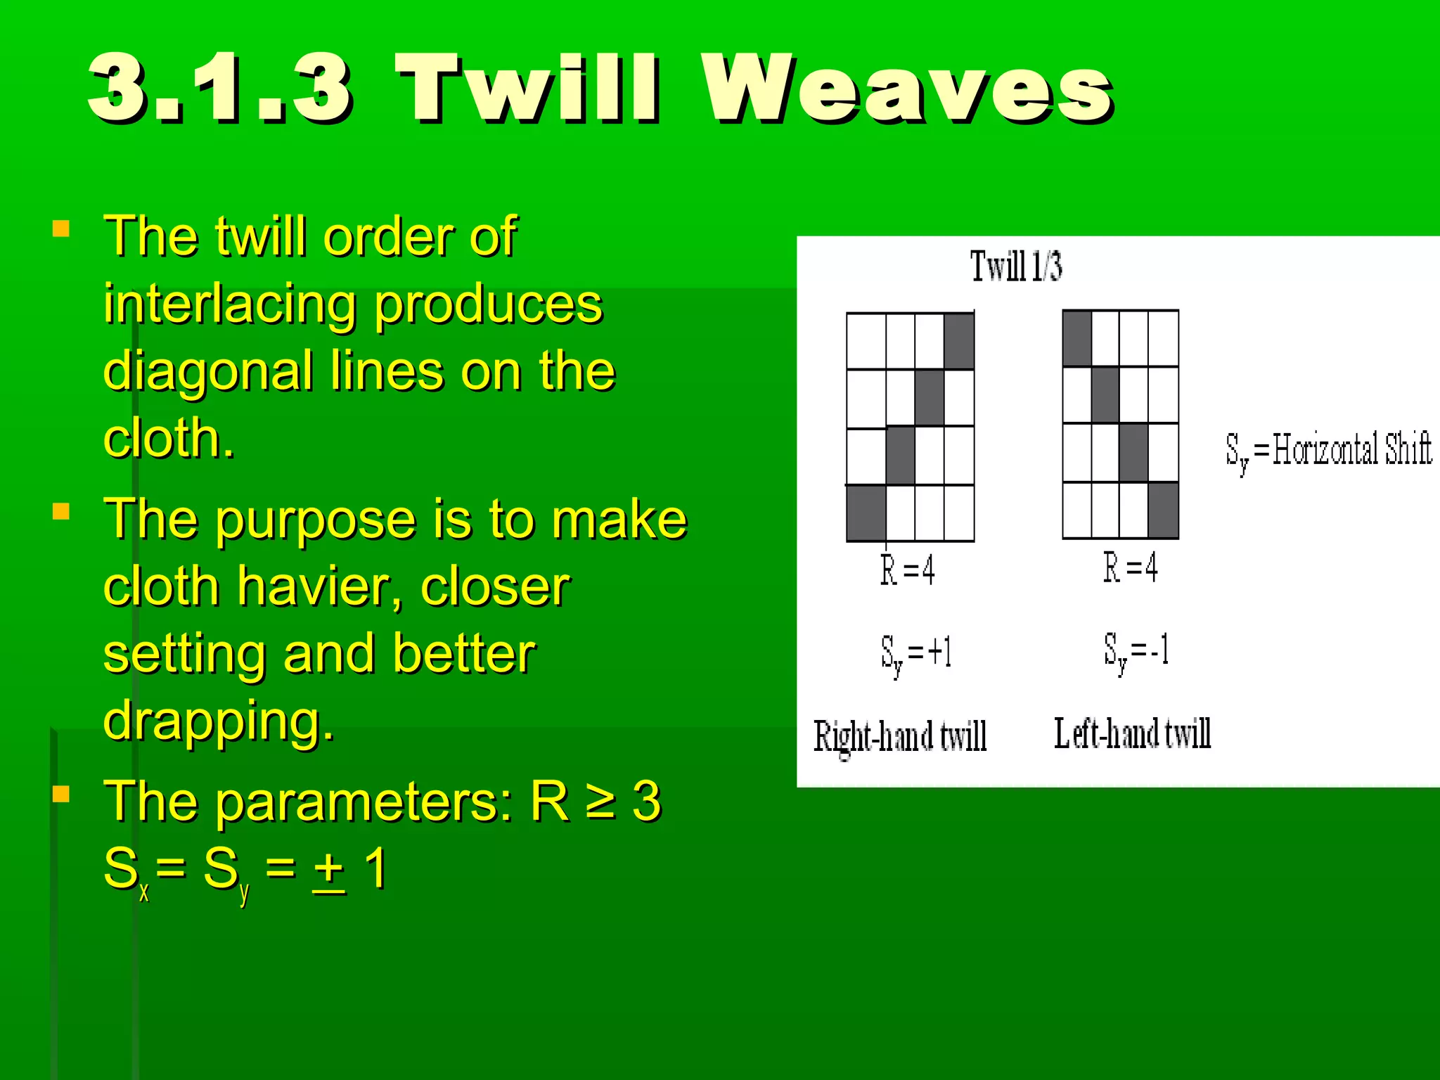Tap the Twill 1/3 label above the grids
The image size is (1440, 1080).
point(1016,266)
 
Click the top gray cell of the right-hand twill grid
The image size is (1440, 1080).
point(959,342)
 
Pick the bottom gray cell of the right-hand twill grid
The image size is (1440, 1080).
point(866,513)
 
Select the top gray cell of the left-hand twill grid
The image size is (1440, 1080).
point(1077,339)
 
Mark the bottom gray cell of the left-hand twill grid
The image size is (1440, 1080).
point(1163,510)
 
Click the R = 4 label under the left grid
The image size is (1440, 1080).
point(908,570)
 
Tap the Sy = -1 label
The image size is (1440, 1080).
point(1136,651)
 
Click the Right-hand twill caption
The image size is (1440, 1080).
point(900,736)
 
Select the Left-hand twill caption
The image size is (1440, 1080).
point(1132,733)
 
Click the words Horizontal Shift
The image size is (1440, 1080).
point(1351,449)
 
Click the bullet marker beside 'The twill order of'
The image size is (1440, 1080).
point(61,229)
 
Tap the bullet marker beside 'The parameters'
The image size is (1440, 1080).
point(61,794)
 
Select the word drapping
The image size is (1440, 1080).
point(218,721)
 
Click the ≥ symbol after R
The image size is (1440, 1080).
point(601,802)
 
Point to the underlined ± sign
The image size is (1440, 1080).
point(329,869)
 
